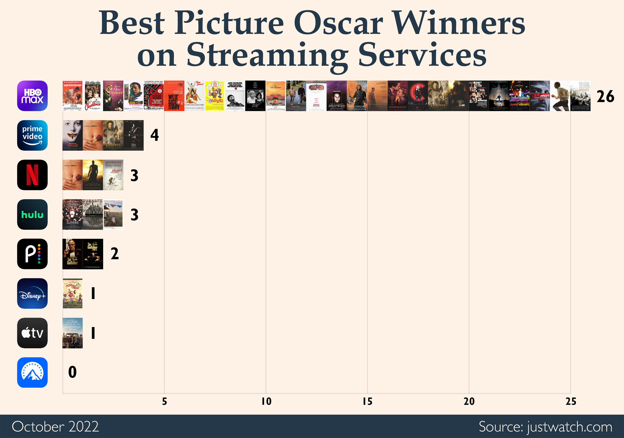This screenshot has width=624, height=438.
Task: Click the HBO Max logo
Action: (32, 96)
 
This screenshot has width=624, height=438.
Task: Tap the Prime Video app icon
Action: (32, 135)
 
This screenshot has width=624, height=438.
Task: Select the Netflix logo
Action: (32, 175)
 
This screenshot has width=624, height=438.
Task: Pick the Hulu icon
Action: (32, 214)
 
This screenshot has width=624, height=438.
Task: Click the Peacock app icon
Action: (32, 254)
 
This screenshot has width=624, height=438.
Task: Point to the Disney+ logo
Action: (32, 293)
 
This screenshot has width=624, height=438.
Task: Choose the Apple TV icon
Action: (32, 333)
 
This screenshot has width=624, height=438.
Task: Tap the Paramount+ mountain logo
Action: (32, 372)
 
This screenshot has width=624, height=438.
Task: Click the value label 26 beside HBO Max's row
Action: (605, 96)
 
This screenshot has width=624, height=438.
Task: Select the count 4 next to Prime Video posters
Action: (154, 135)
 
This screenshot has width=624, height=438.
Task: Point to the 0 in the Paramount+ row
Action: (72, 372)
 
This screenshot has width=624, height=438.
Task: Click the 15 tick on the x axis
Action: (367, 401)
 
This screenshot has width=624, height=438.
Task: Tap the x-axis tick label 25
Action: (571, 401)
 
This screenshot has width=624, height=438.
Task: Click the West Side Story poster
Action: (174, 96)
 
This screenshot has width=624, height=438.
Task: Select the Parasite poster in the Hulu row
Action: (93, 214)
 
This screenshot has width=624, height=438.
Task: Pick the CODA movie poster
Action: (73, 333)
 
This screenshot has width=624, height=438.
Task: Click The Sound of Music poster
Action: (73, 293)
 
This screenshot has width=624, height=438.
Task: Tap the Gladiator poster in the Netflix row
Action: (93, 175)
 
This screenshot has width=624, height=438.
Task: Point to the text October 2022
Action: (55, 427)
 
